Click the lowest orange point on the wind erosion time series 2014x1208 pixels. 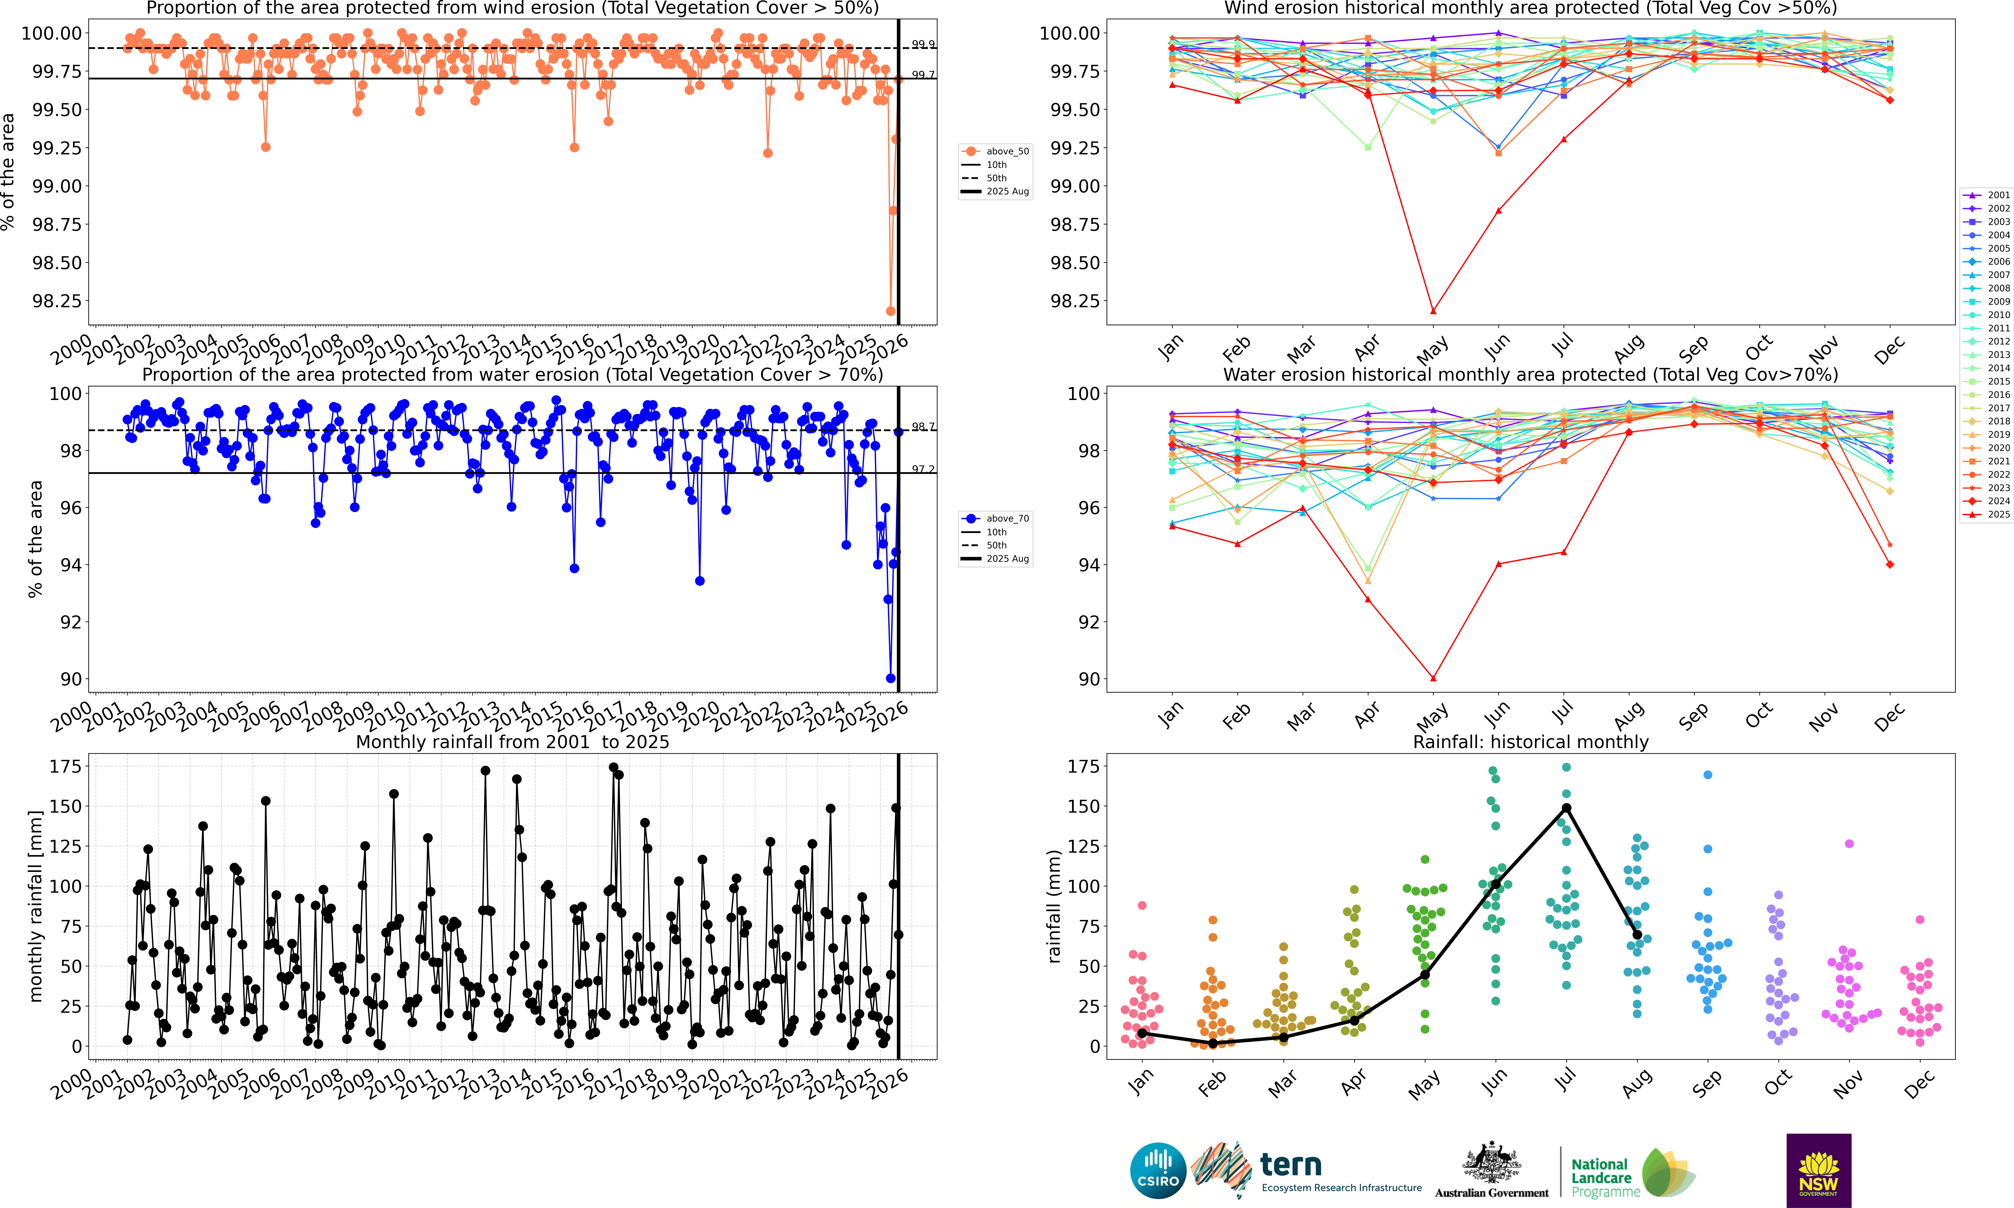890,311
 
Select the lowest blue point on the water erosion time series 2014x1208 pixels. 890,678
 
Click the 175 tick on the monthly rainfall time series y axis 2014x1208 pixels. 65,766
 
